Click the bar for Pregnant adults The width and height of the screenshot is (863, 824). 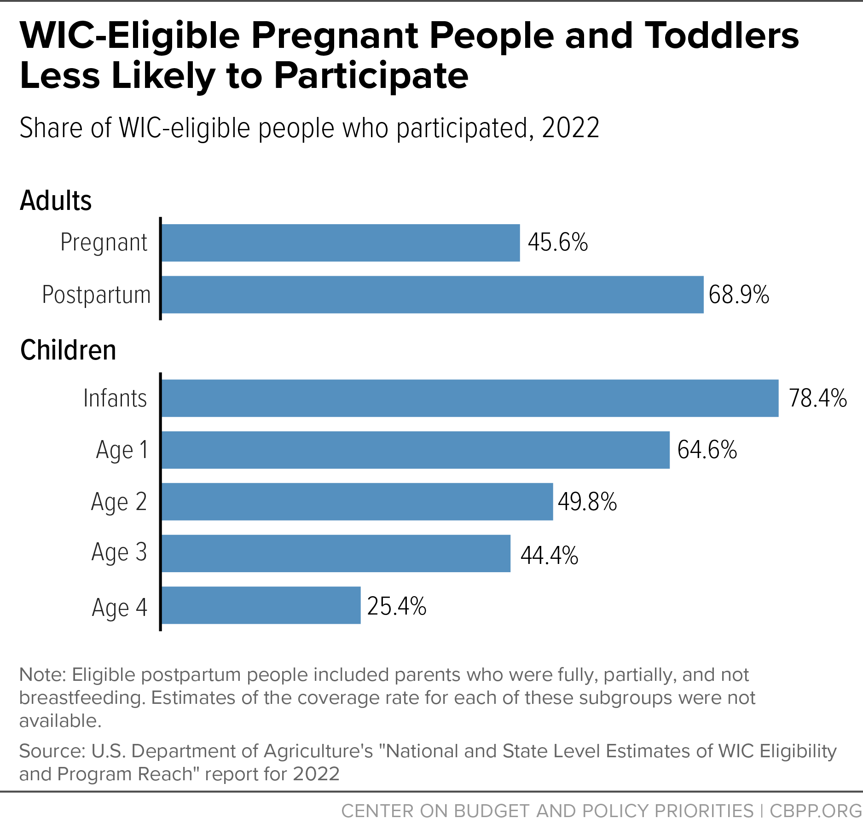[x=341, y=243]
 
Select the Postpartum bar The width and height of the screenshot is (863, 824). [x=433, y=295]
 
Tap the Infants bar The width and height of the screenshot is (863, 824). [x=470, y=398]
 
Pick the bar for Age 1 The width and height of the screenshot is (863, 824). [x=416, y=450]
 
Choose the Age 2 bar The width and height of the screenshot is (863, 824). [x=357, y=502]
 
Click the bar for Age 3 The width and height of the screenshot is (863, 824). [x=336, y=553]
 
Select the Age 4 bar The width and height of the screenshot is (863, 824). [x=261, y=605]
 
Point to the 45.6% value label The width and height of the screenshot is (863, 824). [x=558, y=242]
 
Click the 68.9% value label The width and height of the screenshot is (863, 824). [x=739, y=295]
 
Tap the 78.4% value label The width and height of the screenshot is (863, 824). [x=818, y=398]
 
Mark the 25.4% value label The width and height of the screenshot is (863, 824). [x=397, y=606]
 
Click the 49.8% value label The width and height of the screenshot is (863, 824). [x=587, y=502]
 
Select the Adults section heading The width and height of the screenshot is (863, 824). [x=56, y=200]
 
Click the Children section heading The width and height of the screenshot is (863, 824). [x=68, y=350]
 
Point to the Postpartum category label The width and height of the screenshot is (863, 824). [x=96, y=295]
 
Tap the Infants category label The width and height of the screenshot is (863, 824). [x=115, y=398]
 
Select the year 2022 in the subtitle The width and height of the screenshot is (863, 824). [x=571, y=128]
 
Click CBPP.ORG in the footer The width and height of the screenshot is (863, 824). [x=816, y=811]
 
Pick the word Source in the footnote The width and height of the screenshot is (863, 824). [x=52, y=751]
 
